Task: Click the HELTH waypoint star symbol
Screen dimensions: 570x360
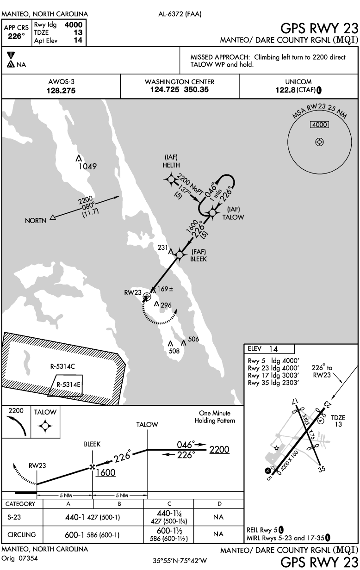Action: pyautogui.click(x=171, y=179)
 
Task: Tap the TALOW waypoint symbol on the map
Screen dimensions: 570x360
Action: pyautogui.click(x=212, y=212)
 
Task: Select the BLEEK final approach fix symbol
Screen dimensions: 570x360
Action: pyautogui.click(x=180, y=253)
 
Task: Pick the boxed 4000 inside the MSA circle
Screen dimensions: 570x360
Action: pyautogui.click(x=319, y=125)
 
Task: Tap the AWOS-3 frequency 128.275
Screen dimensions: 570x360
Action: pyautogui.click(x=61, y=91)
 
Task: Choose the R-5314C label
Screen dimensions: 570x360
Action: pyautogui.click(x=62, y=366)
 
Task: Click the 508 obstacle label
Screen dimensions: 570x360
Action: pyautogui.click(x=174, y=351)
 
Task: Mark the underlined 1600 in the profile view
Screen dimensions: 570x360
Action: pyautogui.click(x=106, y=473)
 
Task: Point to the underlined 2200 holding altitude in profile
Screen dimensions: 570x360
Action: pyautogui.click(x=219, y=450)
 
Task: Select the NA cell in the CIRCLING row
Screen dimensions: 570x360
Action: pyautogui.click(x=219, y=535)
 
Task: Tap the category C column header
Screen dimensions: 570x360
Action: pyautogui.click(x=169, y=503)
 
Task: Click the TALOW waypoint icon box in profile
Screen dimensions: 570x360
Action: pyautogui.click(x=45, y=426)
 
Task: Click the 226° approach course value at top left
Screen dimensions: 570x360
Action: pyautogui.click(x=17, y=36)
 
